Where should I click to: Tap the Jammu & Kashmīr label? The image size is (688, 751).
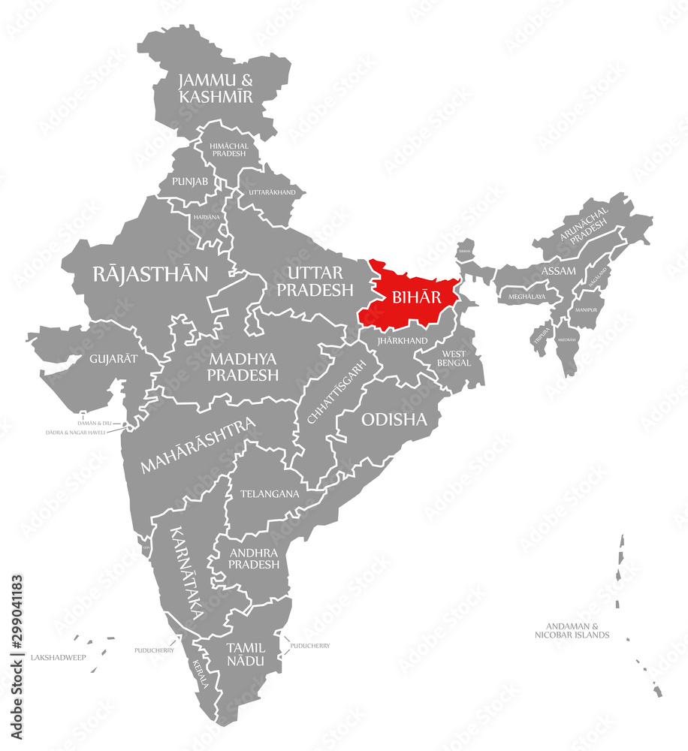coord(216,88)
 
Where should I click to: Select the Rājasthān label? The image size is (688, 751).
coord(151,274)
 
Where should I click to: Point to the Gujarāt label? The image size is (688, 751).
coord(113,358)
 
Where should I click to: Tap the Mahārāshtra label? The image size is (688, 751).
coord(198,445)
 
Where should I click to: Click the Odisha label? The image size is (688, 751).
coord(394,420)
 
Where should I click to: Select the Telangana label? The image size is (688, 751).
coord(270,494)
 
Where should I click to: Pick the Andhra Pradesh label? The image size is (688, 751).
coord(254,558)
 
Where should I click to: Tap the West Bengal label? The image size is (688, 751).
coord(454,358)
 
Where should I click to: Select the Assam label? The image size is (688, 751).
coord(559,270)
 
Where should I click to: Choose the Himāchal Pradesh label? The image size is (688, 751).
coord(228,148)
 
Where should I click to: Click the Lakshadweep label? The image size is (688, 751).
coord(58,657)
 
